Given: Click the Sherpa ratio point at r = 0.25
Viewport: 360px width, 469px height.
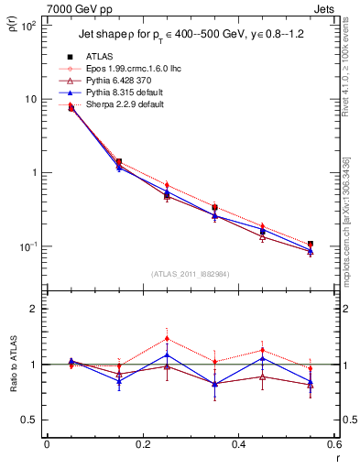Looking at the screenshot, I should point(167,338).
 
